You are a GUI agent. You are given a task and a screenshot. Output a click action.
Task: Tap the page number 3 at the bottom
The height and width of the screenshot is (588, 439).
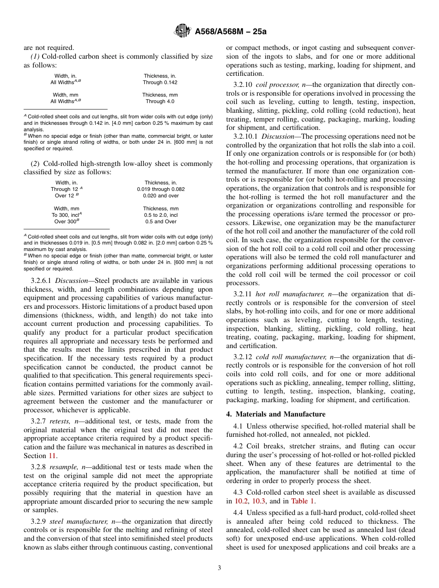(219, 568)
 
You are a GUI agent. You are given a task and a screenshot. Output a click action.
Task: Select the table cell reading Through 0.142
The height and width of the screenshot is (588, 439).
(160, 82)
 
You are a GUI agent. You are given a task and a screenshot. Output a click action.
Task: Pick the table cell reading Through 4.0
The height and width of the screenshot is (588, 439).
(160, 101)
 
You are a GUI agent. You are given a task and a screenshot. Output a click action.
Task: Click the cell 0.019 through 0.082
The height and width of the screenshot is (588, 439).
(160, 189)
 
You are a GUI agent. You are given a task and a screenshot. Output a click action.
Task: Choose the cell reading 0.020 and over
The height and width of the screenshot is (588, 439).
(160, 196)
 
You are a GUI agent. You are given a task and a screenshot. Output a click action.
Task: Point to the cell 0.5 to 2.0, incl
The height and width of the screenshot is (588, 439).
(160, 215)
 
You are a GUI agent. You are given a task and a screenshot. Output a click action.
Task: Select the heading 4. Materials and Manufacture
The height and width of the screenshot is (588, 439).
(275, 414)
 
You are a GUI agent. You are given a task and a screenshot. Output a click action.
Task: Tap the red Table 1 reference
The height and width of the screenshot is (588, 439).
(303, 501)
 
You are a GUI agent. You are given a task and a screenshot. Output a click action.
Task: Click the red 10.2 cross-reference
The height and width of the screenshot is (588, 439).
(242, 501)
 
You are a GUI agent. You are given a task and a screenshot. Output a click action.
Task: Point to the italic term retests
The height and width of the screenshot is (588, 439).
(60, 421)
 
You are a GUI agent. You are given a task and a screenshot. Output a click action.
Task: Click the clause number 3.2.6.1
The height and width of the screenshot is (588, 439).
(42, 281)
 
